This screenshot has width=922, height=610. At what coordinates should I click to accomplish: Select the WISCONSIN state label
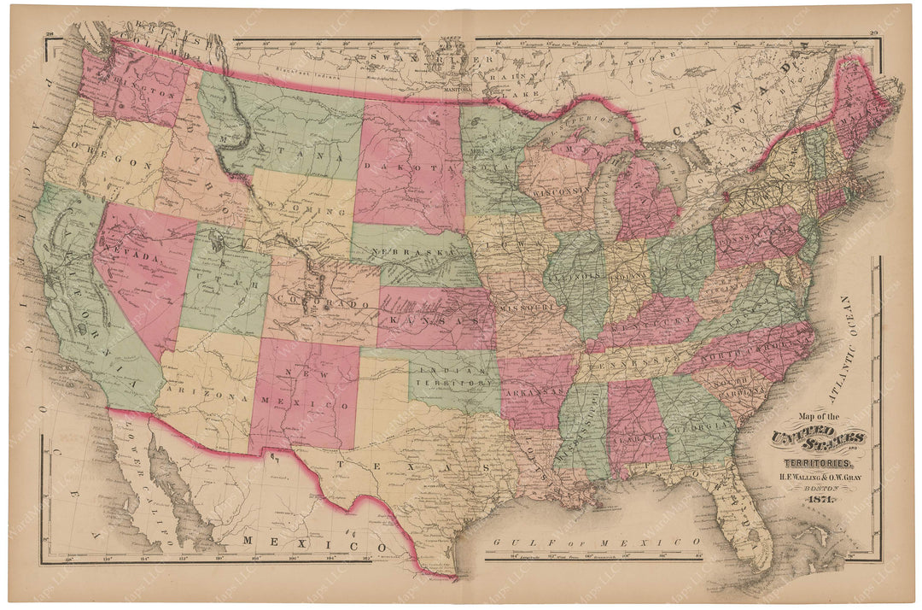click(560, 191)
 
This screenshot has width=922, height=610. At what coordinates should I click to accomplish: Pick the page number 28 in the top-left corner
click(50, 33)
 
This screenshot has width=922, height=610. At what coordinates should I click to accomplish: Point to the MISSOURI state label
click(524, 304)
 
